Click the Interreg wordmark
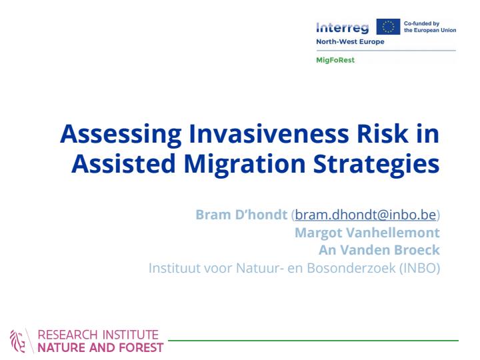(x=342, y=28)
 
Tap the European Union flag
(x=388, y=27)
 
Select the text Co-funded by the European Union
(x=430, y=27)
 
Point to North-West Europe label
(x=350, y=41)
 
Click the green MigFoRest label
(x=335, y=60)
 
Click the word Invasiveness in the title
(x=269, y=133)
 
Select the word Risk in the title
(x=383, y=133)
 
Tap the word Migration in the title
(x=245, y=164)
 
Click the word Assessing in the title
(x=121, y=134)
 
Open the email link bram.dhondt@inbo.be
(x=365, y=215)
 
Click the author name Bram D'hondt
(x=241, y=215)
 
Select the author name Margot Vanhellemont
(x=367, y=233)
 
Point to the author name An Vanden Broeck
(x=379, y=250)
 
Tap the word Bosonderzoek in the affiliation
(x=351, y=268)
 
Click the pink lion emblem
(x=18, y=341)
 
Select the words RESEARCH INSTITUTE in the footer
(x=98, y=335)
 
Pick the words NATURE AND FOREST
(x=101, y=348)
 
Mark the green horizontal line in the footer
(x=313, y=341)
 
